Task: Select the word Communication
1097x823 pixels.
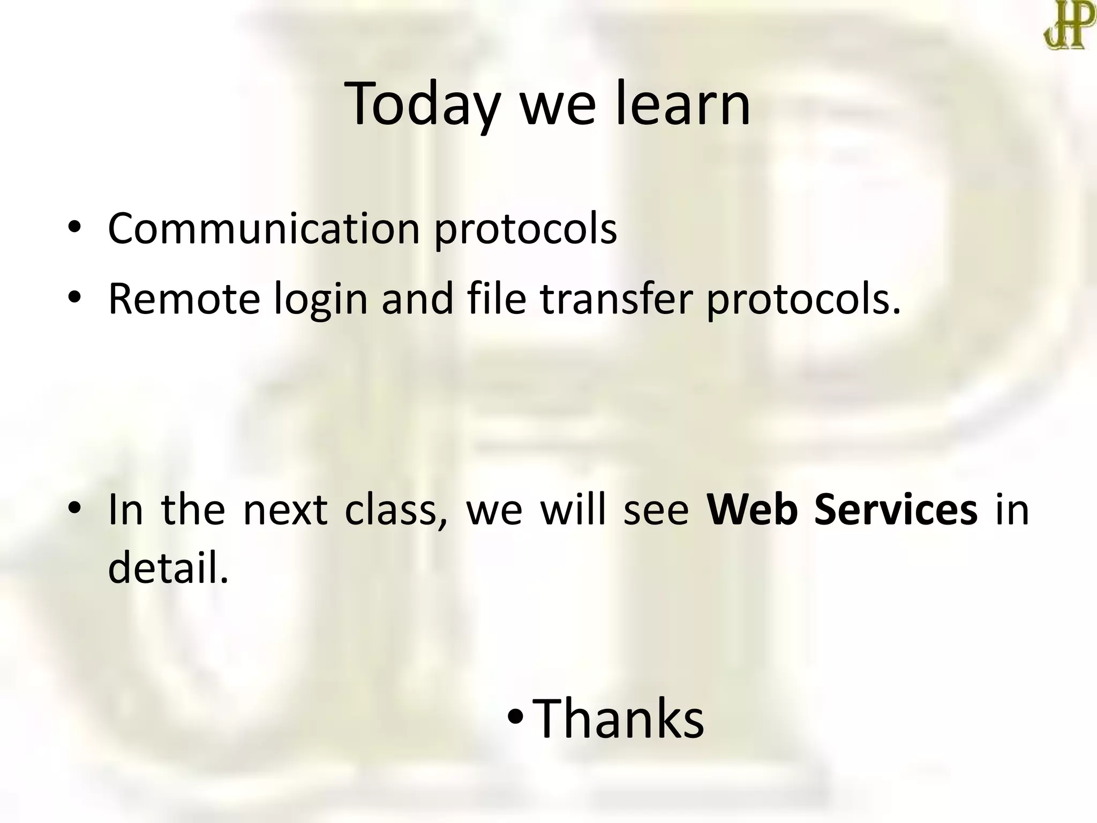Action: coord(264,229)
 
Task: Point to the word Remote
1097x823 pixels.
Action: coord(184,299)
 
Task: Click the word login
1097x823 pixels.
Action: coord(321,299)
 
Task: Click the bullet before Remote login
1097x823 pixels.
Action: coord(74,297)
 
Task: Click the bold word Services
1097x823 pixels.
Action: coord(896,510)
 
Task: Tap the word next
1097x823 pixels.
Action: coord(285,510)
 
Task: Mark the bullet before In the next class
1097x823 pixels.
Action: coord(74,508)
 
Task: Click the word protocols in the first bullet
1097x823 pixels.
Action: coord(525,229)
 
